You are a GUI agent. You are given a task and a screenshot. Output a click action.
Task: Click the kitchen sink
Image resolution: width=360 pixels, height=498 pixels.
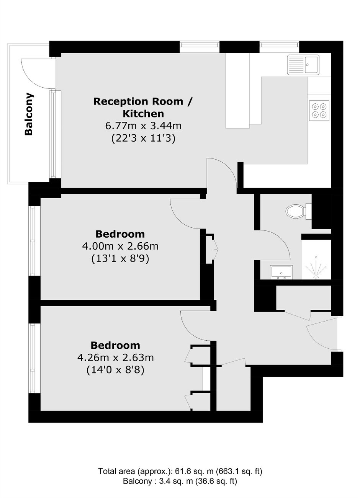[303, 65]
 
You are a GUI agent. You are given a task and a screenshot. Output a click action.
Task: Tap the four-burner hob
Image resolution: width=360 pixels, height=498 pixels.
[319, 111]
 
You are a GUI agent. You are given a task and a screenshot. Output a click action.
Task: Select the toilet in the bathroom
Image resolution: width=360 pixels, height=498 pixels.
[298, 211]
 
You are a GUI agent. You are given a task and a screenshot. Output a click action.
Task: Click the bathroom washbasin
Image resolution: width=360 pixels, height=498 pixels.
[281, 272]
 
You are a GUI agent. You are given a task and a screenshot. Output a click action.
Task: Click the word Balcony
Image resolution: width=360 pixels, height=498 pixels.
[29, 114]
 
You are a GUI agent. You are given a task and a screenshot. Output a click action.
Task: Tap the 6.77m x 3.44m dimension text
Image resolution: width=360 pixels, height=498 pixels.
[143, 126]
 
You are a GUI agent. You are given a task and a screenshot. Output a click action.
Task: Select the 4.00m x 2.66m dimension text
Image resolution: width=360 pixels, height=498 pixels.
[120, 247]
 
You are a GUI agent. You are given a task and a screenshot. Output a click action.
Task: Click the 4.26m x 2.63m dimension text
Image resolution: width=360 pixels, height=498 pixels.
[116, 358]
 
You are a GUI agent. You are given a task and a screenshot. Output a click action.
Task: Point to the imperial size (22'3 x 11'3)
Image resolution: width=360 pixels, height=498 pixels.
[143, 138]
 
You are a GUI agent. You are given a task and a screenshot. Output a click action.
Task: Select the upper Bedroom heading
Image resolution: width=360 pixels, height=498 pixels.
[120, 234]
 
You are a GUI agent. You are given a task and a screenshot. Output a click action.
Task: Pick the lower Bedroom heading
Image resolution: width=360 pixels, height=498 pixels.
[116, 346]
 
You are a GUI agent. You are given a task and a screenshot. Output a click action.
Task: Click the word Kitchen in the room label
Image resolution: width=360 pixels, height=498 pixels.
[144, 114]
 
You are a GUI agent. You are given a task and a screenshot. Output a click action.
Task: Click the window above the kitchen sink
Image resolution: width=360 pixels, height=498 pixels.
[279, 45]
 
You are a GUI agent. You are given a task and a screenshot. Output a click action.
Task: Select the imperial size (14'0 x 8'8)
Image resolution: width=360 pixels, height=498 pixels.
[116, 370]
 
